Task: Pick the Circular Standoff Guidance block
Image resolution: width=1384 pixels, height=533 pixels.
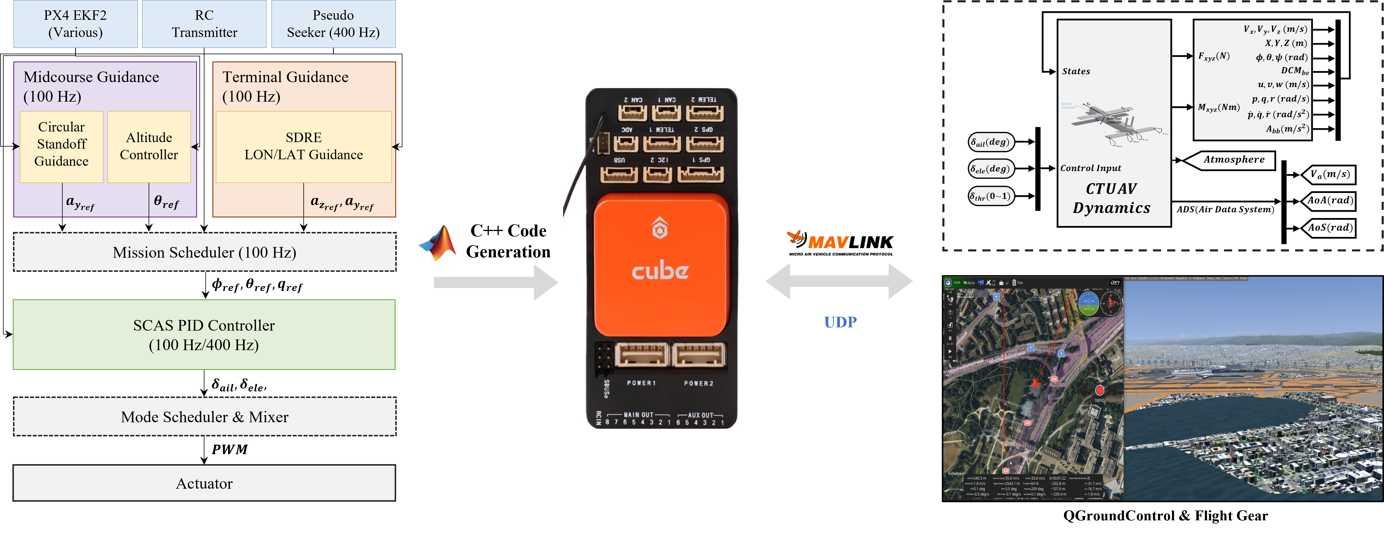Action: pos(61,144)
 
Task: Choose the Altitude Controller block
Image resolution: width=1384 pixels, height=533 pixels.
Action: pos(149,146)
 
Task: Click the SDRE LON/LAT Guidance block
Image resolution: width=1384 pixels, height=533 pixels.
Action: pos(304,146)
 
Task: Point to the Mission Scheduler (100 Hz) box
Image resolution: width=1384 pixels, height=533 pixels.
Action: pos(204,252)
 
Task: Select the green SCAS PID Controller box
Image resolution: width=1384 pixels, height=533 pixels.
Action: pos(204,335)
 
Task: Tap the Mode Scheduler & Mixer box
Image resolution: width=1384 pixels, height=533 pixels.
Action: pos(204,417)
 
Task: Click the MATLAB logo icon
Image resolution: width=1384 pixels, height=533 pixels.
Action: pos(438,243)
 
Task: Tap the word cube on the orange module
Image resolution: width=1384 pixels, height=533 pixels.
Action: pos(660,271)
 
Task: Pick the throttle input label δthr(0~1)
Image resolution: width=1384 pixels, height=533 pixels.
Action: pos(991,196)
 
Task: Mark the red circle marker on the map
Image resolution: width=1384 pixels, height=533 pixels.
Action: pos(1100,390)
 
